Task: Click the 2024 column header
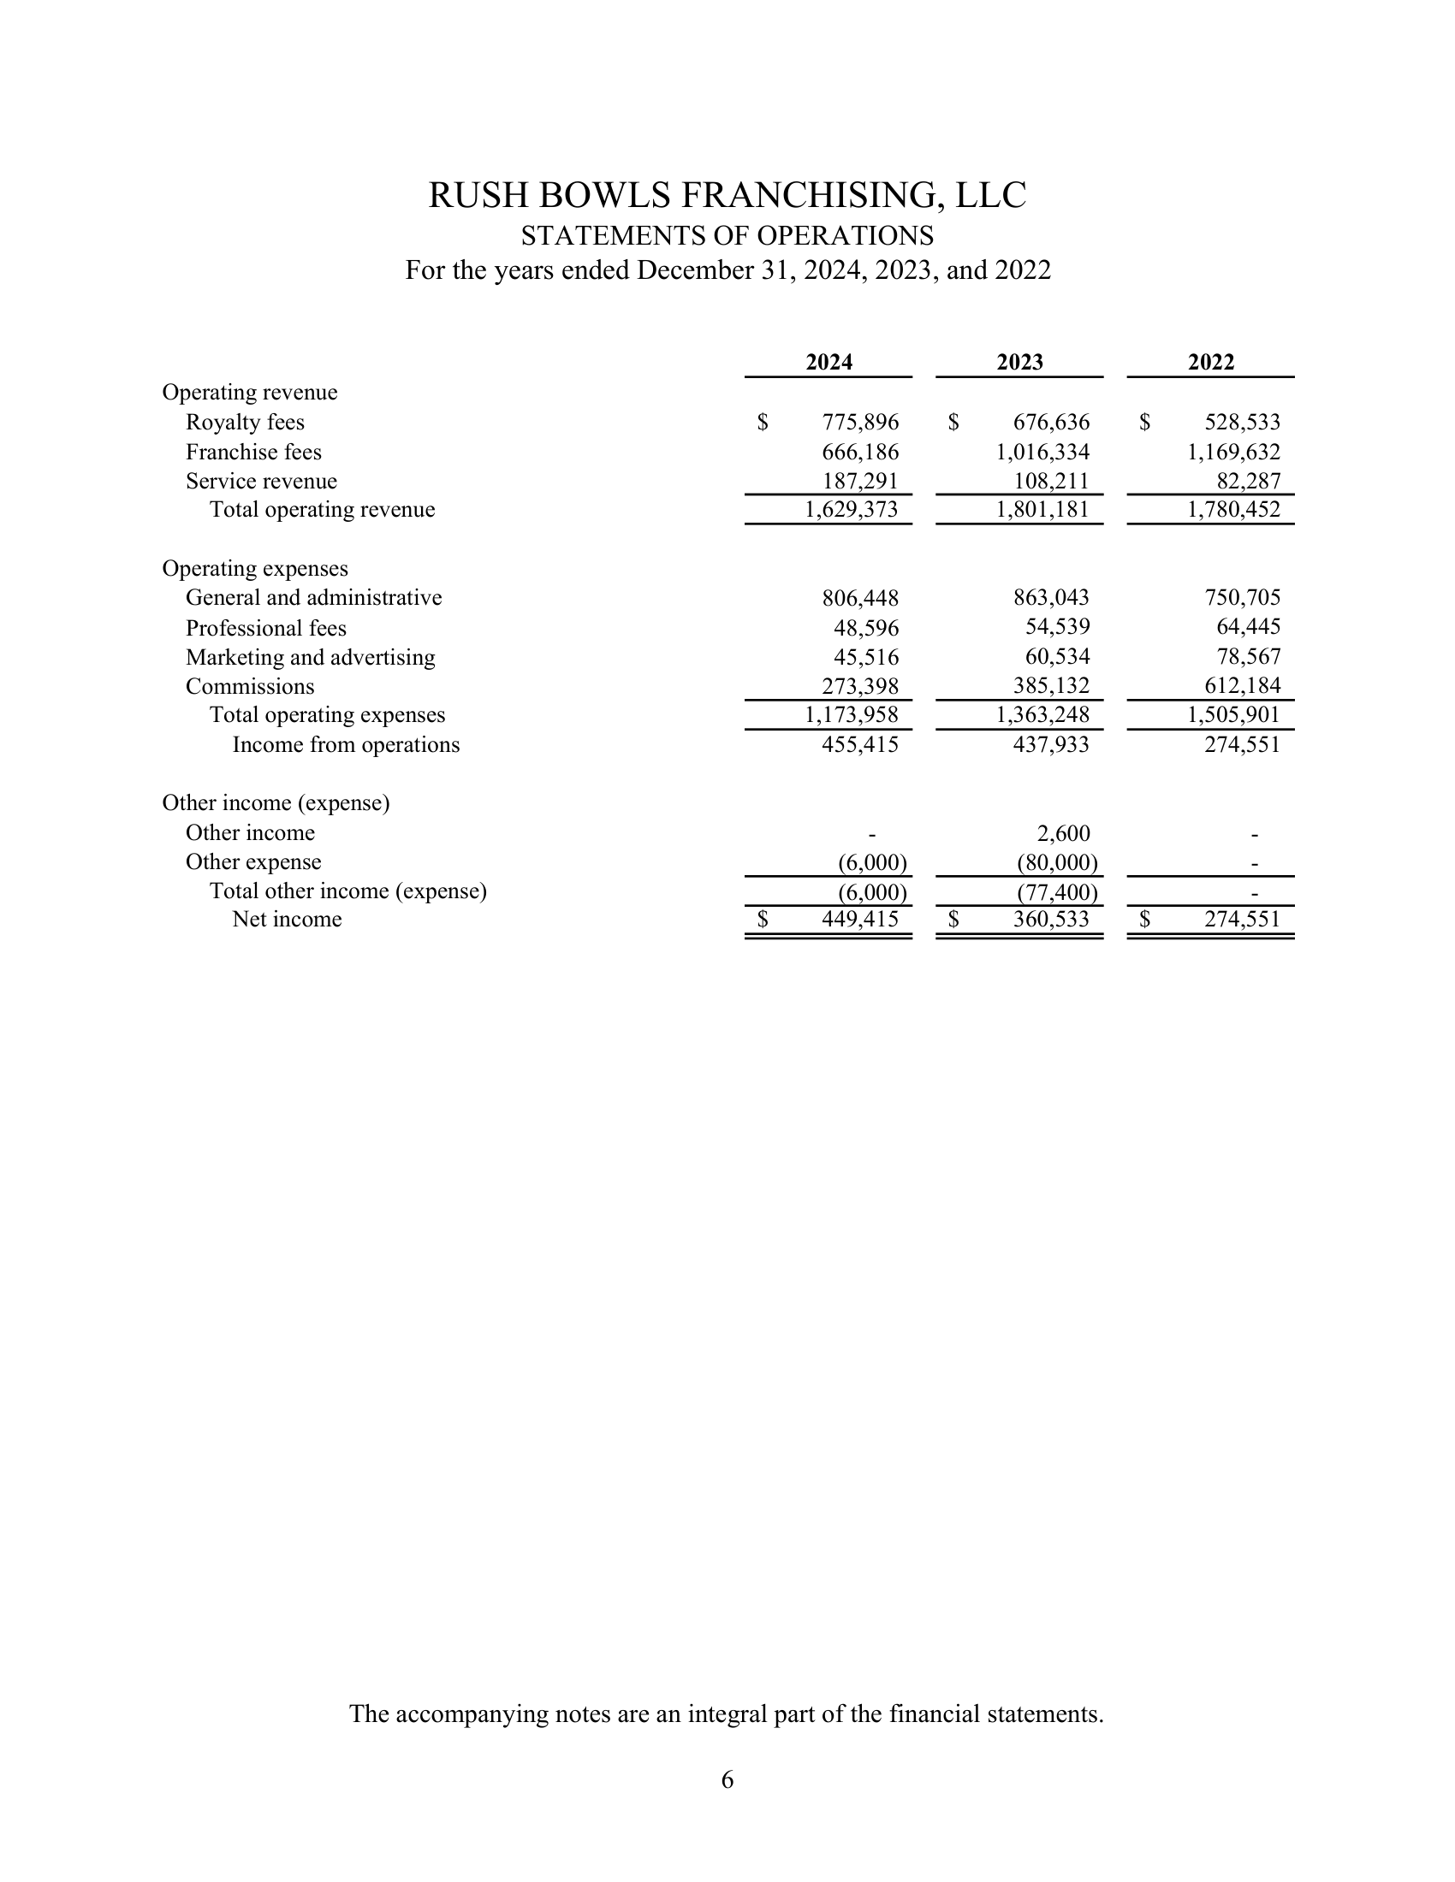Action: click(828, 362)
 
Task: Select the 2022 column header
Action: click(1210, 362)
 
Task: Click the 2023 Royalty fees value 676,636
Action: click(1051, 423)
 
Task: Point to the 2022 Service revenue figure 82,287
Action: click(1248, 481)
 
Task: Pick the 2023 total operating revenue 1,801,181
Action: click(1042, 509)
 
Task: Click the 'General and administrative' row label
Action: click(314, 597)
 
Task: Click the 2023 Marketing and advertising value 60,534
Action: click(1057, 657)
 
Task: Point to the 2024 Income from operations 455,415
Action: click(859, 744)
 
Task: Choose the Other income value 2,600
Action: click(1063, 833)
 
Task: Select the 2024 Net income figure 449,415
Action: click(859, 920)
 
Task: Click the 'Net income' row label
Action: click(287, 920)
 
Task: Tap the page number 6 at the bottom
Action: click(727, 1778)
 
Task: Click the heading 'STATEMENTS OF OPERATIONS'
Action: click(727, 235)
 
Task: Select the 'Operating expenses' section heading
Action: click(255, 569)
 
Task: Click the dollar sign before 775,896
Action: click(763, 423)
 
